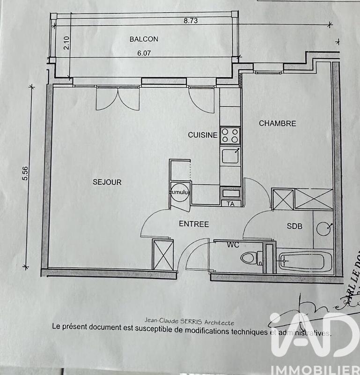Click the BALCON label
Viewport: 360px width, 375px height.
point(144,39)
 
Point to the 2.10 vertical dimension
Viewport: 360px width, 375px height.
point(66,43)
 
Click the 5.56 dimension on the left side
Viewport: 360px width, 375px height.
point(26,174)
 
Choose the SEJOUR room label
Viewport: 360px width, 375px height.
point(107,182)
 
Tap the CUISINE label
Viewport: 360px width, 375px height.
point(203,135)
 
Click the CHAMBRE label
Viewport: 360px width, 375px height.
point(278,124)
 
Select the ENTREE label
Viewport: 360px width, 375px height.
point(193,224)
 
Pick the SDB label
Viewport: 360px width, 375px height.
point(294,226)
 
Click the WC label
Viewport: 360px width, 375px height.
point(233,245)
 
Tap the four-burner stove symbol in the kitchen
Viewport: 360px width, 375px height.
point(230,135)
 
